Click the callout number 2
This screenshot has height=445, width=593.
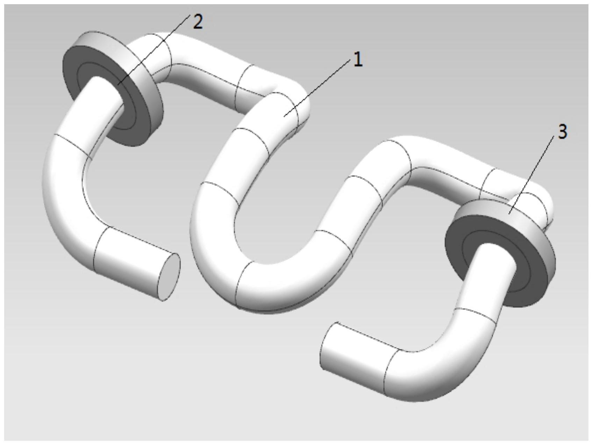198,22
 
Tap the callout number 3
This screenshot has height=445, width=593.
562,132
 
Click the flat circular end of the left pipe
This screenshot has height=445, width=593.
169,277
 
